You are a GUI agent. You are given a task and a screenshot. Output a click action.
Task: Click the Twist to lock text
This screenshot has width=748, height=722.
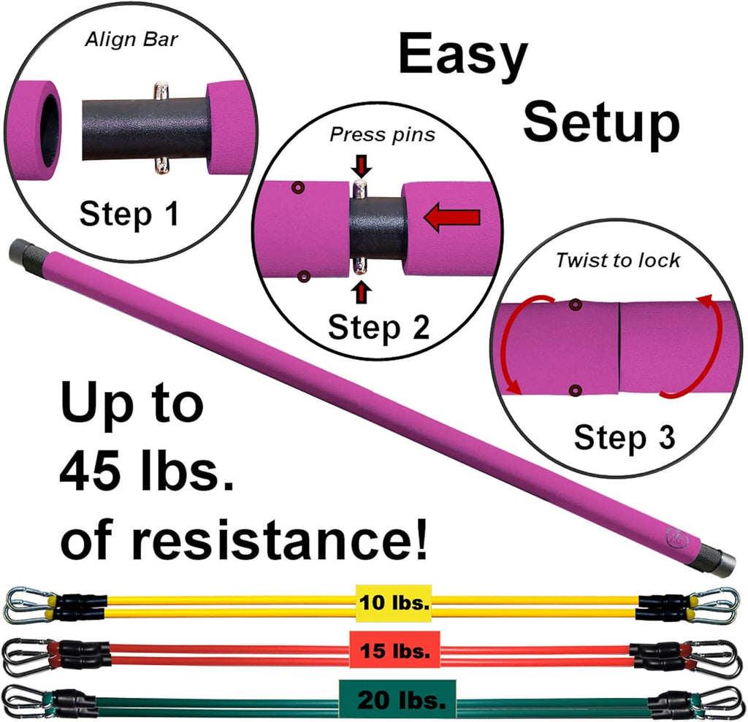(x=617, y=261)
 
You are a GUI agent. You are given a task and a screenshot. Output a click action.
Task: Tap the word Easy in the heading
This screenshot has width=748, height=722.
(x=462, y=57)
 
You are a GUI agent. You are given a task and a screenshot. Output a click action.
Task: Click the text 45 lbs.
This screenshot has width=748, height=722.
(x=146, y=472)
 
